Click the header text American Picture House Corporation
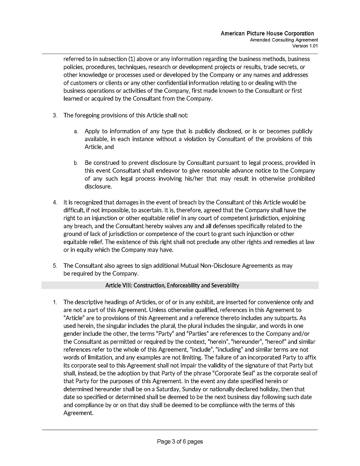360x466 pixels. click(267, 34)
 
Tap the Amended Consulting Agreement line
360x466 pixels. click(284, 40)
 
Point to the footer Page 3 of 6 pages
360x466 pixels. click(180, 442)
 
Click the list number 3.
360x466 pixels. click(54, 115)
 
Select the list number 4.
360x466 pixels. click(54, 202)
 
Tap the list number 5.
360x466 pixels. click(54, 266)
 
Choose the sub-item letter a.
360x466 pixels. click(76, 131)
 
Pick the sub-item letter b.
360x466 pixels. click(76, 163)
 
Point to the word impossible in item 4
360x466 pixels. click(118, 210)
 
